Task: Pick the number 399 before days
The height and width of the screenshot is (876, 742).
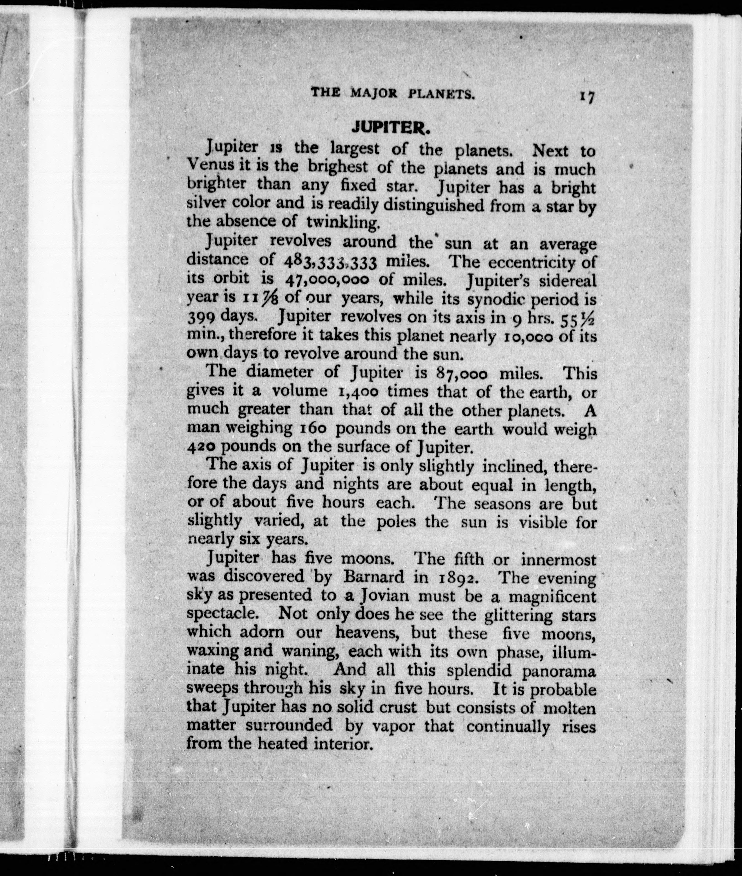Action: (x=201, y=316)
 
